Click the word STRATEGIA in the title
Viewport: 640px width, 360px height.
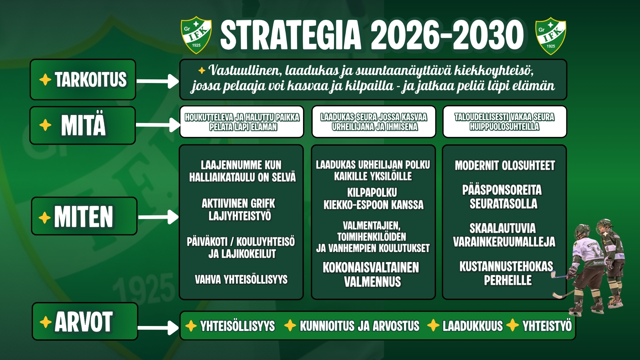(291, 35)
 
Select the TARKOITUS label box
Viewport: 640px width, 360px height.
(83, 80)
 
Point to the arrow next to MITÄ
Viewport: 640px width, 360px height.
(158, 125)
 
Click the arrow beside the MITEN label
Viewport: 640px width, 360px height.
(158, 217)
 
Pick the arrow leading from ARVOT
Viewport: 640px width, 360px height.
(158, 328)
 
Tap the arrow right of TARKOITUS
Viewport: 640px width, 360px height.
(158, 81)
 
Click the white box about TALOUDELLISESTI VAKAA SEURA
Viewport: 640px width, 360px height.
(505, 122)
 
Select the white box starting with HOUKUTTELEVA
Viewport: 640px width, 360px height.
(242, 122)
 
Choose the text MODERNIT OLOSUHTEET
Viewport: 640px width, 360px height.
(505, 165)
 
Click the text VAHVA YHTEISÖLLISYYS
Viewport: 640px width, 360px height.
(241, 279)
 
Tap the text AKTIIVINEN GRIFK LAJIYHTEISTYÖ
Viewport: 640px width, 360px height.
(239, 210)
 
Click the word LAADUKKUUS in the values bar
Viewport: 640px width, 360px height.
(472, 326)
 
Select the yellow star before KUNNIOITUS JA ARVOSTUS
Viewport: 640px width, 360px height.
(290, 325)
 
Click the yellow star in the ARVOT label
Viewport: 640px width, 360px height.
(45, 322)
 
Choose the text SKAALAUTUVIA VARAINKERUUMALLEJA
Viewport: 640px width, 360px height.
(504, 235)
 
